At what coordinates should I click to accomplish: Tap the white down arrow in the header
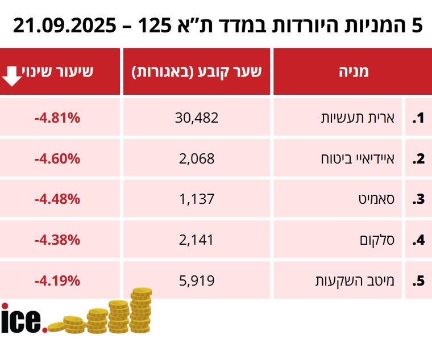pyautogui.click(x=13, y=74)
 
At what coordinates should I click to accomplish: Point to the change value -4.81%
pyautogui.click(x=57, y=118)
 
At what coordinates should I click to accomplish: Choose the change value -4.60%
pyautogui.click(x=57, y=159)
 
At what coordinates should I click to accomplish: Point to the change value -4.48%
pyautogui.click(x=57, y=199)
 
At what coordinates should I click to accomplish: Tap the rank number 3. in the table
pyautogui.click(x=418, y=199)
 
